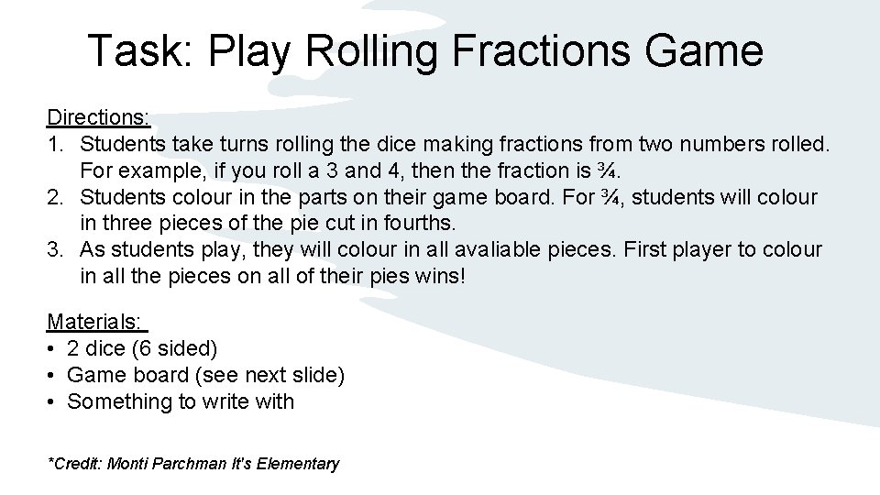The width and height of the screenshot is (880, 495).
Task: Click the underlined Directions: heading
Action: [x=99, y=117]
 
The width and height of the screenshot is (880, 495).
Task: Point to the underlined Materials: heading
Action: [x=96, y=322]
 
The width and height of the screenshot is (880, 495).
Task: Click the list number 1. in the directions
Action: [x=56, y=144]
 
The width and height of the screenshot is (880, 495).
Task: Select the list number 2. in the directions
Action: [x=56, y=197]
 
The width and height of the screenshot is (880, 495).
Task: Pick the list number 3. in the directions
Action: [x=56, y=250]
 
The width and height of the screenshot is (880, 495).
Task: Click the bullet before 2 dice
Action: [x=52, y=349]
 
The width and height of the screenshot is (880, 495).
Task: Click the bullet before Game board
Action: [x=52, y=376]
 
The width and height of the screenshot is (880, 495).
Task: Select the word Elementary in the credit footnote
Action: [x=299, y=464]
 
